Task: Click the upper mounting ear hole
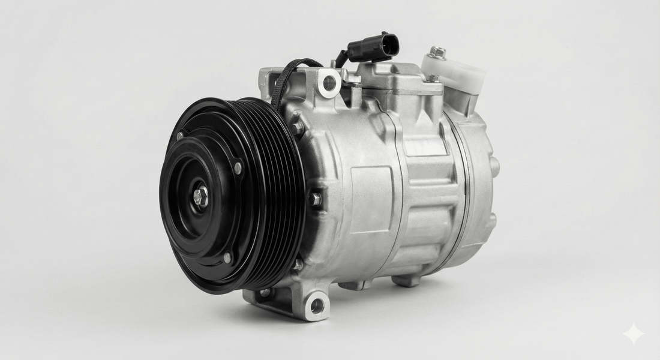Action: pyautogui.click(x=329, y=83)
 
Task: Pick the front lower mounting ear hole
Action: pyautogui.click(x=317, y=306)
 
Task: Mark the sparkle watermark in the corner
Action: pyautogui.click(x=633, y=334)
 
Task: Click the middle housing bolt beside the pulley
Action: pyautogui.click(x=316, y=200)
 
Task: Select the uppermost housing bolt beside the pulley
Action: pyautogui.click(x=297, y=128)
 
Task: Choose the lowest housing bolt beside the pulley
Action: pyautogui.click(x=298, y=264)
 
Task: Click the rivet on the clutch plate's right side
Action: pyautogui.click(x=238, y=168)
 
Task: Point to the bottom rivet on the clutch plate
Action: pyautogui.click(x=227, y=258)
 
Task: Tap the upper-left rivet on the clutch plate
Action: pyautogui.click(x=180, y=136)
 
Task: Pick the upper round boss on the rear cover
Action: pyautogui.click(x=494, y=166)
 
